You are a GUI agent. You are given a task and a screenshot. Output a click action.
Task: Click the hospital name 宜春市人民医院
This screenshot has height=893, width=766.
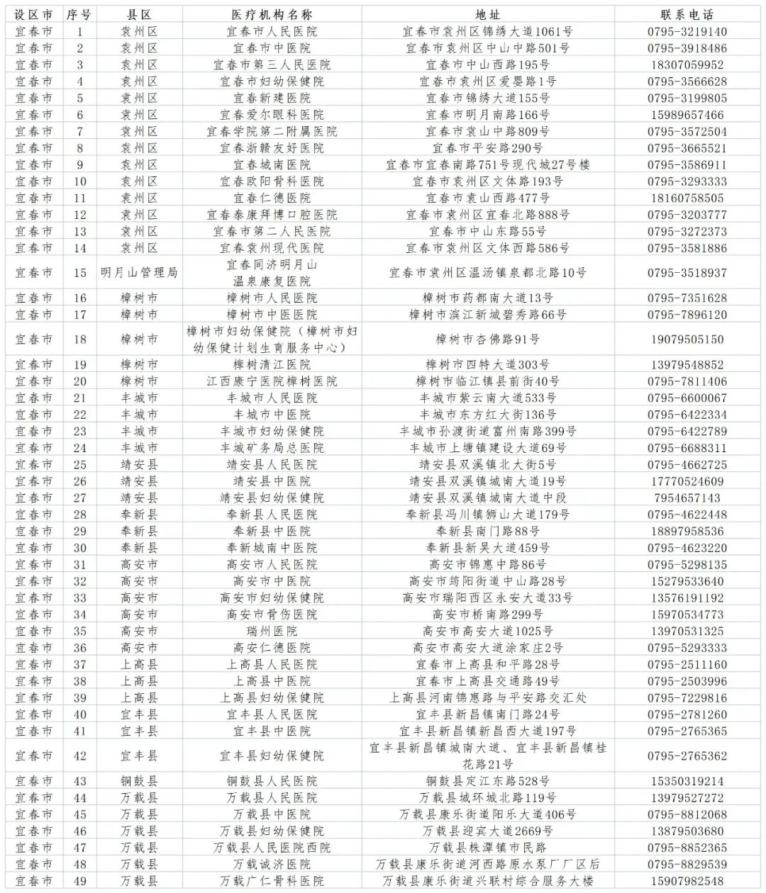tap(272, 32)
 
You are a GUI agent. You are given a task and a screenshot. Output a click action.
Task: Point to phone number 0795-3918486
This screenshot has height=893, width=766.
tap(687, 48)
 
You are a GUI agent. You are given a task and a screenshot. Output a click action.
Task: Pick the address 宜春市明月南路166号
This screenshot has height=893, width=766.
tap(487, 115)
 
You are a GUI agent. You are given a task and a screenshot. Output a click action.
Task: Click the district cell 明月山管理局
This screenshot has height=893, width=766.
tap(139, 273)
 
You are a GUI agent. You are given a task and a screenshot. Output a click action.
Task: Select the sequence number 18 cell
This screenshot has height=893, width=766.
tap(80, 339)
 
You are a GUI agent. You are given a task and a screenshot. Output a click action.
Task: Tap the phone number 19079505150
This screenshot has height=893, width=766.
tap(687, 339)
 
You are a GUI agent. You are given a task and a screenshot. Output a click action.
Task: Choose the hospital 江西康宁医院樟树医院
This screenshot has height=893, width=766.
tap(272, 381)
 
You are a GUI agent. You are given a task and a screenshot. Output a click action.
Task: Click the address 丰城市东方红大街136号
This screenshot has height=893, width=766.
tap(487, 415)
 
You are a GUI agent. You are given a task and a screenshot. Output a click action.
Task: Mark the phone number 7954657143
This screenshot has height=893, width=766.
tap(687, 498)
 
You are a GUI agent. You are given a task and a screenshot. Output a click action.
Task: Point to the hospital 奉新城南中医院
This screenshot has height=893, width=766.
tap(272, 548)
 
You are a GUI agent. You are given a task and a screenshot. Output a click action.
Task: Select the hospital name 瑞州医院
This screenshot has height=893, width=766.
tap(272, 631)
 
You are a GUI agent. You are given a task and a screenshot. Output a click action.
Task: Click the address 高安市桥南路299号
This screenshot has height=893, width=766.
tap(487, 614)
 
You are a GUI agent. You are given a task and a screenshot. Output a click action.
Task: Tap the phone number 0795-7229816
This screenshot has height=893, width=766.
tap(687, 697)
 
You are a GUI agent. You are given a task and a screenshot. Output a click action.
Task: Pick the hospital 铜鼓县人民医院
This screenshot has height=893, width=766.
tap(272, 781)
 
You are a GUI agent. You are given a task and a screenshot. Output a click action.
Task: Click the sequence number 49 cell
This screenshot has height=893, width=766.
tap(80, 881)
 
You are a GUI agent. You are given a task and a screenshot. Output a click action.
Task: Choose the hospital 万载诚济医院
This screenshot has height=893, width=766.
tap(272, 864)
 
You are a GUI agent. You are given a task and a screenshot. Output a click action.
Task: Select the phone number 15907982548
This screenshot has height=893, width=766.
tap(687, 881)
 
